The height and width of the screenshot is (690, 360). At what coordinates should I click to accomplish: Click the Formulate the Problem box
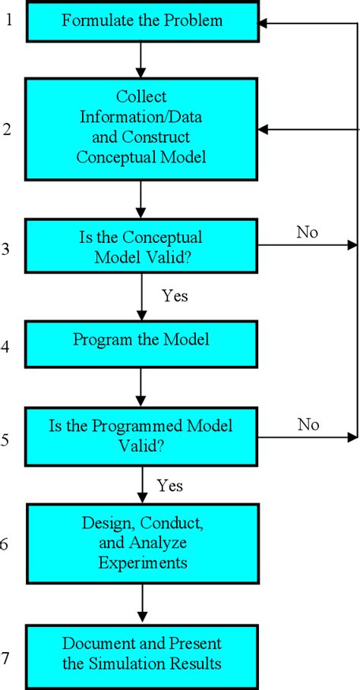[x=143, y=20]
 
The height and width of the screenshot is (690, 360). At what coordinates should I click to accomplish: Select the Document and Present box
[x=143, y=653]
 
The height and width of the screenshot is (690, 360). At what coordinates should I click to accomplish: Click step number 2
[x=7, y=130]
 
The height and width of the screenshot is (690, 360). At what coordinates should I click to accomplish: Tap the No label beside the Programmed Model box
[x=307, y=424]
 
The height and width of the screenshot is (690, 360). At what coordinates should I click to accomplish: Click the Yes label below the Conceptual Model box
[x=175, y=296]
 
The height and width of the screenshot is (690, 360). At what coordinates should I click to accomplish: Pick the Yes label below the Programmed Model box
[x=170, y=484]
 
